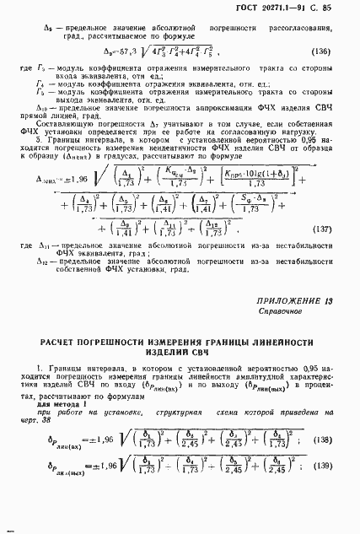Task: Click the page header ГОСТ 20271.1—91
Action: (295, 8)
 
